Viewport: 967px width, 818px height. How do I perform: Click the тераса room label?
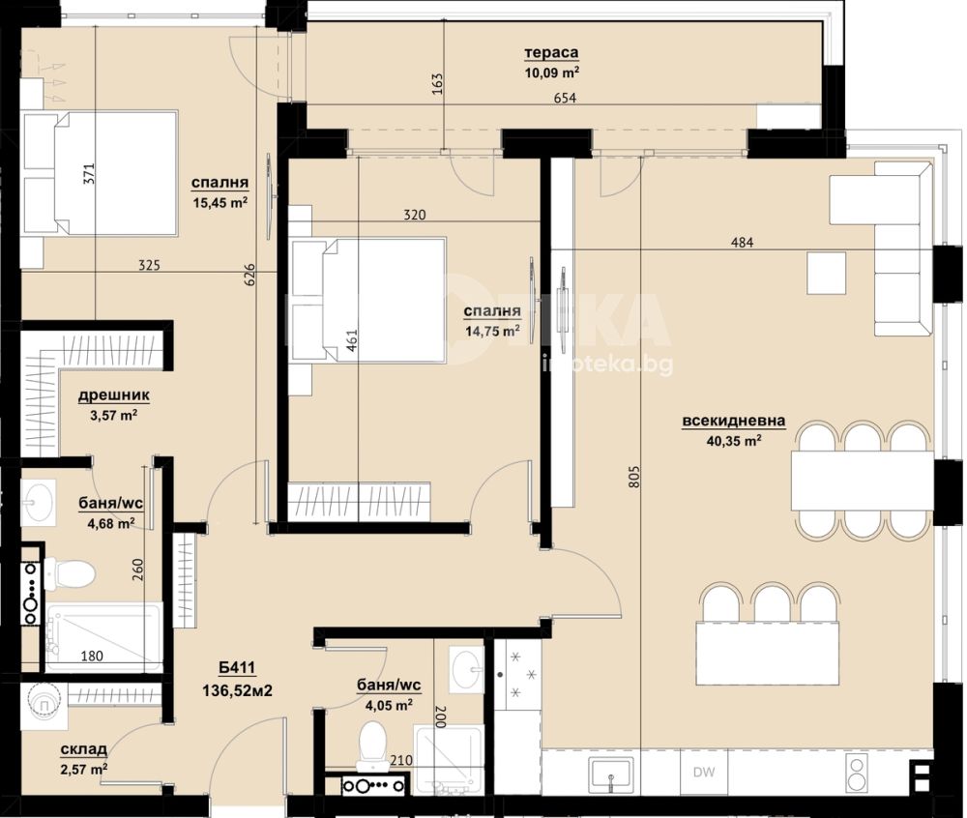pos(551,53)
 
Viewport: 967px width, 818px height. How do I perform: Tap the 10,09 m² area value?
pos(551,73)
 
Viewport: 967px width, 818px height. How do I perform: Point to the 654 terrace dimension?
pos(565,98)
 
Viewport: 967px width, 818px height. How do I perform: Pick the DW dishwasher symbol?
pos(704,772)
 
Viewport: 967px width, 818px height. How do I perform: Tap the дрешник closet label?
pos(113,395)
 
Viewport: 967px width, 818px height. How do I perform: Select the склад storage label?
pos(84,749)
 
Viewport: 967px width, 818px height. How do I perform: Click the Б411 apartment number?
pos(237,667)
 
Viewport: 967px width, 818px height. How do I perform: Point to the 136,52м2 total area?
pos(238,690)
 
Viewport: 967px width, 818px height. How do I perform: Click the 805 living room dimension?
pos(636,476)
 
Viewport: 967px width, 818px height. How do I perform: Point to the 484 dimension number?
pos(742,243)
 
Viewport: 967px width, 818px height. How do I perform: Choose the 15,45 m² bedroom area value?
pos(220,202)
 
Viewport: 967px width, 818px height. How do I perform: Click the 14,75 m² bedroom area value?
pos(492,332)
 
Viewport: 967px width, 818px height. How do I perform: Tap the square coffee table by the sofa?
pos(827,273)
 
